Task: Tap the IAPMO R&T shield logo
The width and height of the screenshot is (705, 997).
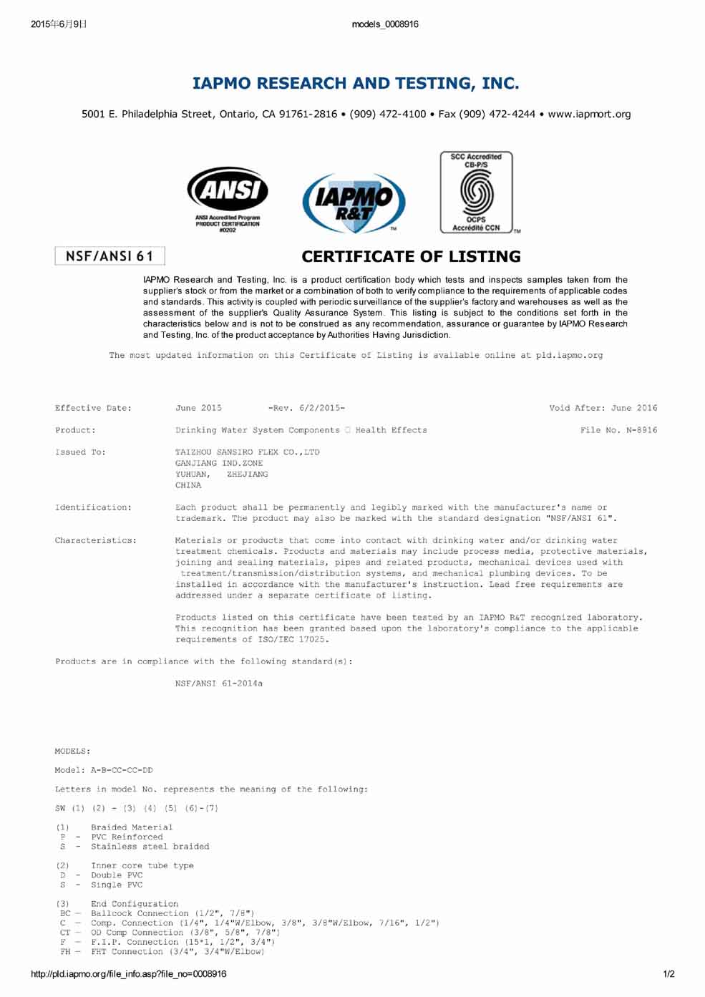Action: pyautogui.click(x=354, y=203)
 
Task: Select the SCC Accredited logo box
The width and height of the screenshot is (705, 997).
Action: pyautogui.click(x=476, y=192)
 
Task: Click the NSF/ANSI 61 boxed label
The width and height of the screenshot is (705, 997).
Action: pyautogui.click(x=110, y=256)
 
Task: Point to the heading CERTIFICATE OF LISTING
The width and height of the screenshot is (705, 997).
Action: pyautogui.click(x=411, y=256)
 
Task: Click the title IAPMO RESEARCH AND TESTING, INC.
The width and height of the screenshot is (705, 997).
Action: pyautogui.click(x=356, y=83)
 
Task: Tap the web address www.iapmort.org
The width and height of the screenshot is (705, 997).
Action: pyautogui.click(x=589, y=114)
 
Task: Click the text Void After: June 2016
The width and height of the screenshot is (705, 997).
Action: pyautogui.click(x=603, y=408)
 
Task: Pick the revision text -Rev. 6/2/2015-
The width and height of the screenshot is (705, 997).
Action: pyautogui.click(x=306, y=408)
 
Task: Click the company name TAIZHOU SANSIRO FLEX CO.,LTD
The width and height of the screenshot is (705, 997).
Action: pyautogui.click(x=248, y=452)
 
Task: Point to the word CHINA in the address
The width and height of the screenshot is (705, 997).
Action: pyautogui.click(x=188, y=485)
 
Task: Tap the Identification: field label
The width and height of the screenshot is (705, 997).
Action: pyautogui.click(x=93, y=507)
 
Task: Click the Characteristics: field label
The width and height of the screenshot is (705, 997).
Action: pyautogui.click(x=95, y=540)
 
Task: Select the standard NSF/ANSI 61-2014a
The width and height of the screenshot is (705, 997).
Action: pyautogui.click(x=219, y=684)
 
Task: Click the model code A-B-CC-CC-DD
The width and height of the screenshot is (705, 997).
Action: pyautogui.click(x=122, y=770)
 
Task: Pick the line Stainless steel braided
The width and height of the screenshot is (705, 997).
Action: pyautogui.click(x=150, y=847)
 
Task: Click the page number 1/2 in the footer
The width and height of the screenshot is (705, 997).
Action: pyautogui.click(x=668, y=973)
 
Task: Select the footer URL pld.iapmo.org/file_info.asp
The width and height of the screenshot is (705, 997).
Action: pyautogui.click(x=129, y=973)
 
